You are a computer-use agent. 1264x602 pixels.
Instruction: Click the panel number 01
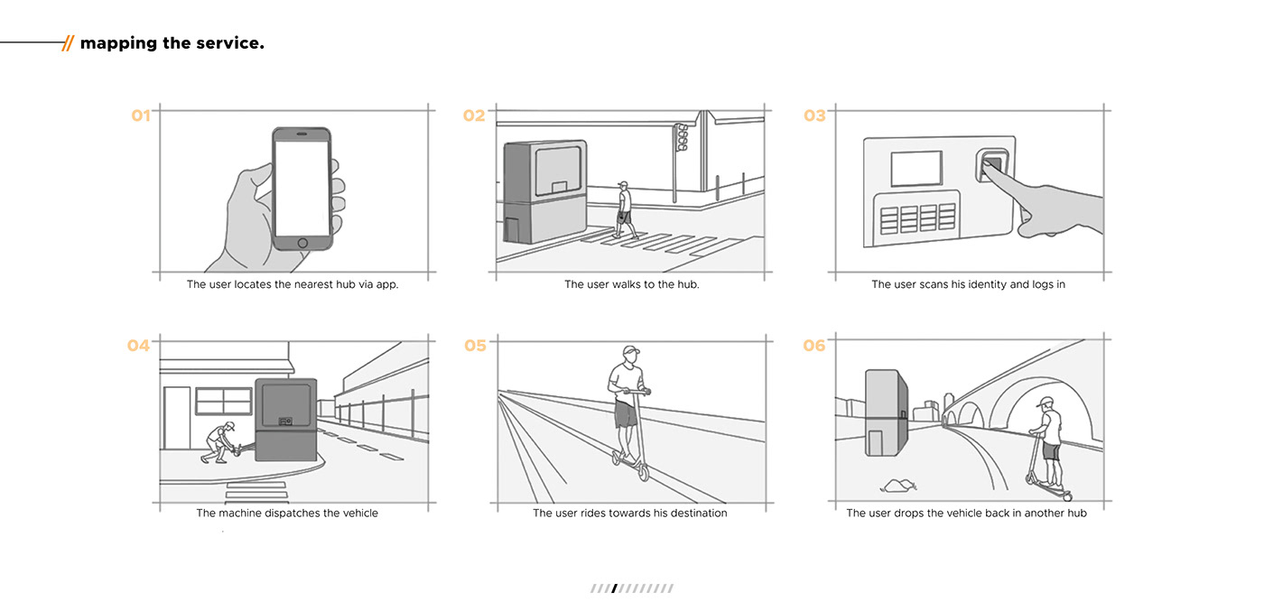point(141,116)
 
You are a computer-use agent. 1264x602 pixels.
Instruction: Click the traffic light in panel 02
point(683,138)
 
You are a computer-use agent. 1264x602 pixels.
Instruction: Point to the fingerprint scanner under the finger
point(991,166)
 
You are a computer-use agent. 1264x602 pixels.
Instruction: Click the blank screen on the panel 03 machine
point(916,169)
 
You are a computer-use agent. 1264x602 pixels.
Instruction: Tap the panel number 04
point(138,345)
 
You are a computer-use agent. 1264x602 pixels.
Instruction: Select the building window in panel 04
point(223,401)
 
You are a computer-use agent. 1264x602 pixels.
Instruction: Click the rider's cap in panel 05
point(631,351)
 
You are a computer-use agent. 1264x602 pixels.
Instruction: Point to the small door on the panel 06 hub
point(875,442)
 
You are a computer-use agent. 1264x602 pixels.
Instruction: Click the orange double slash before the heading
point(68,42)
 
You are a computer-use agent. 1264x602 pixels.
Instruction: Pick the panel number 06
point(814,346)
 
